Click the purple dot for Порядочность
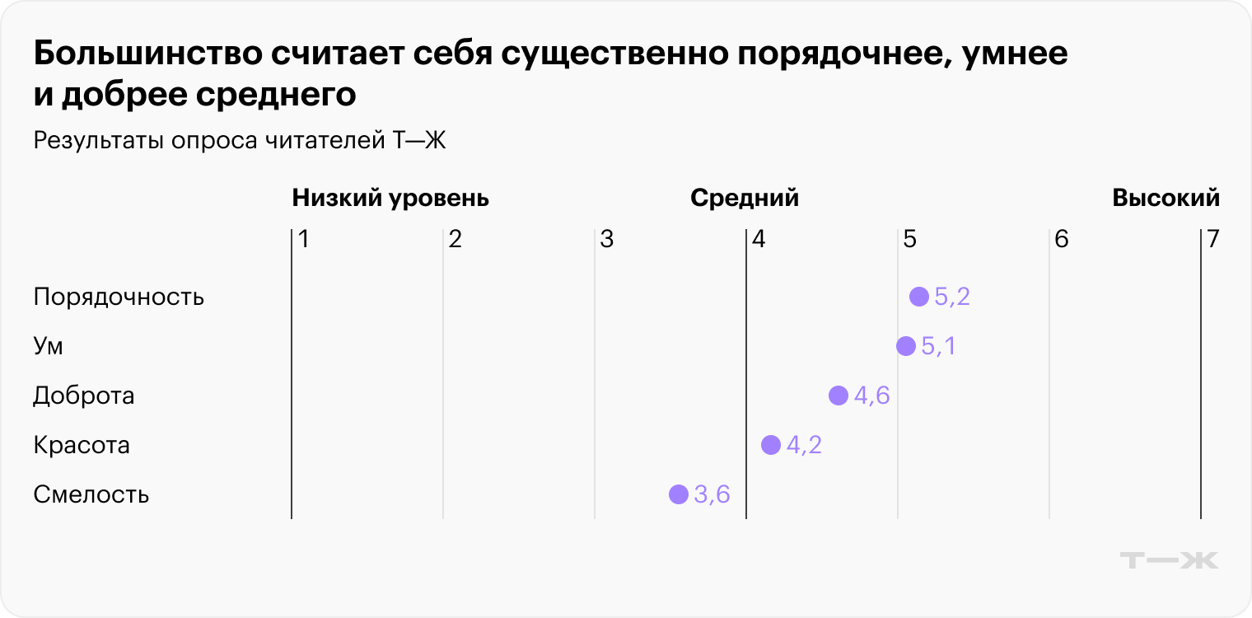click(x=918, y=297)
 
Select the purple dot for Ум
click(x=905, y=346)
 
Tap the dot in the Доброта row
click(x=838, y=396)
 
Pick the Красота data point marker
click(x=770, y=445)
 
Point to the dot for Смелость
click(x=678, y=494)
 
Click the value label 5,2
click(x=952, y=297)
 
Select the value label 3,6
click(x=712, y=494)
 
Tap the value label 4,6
click(x=871, y=396)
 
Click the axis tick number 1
click(x=303, y=240)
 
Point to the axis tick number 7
click(x=1212, y=240)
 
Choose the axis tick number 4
click(x=759, y=240)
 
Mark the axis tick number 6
click(x=1061, y=240)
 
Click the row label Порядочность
click(x=119, y=297)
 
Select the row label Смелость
click(x=91, y=494)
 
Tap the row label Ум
click(x=49, y=346)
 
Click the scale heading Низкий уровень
click(x=390, y=199)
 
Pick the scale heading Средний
click(x=745, y=199)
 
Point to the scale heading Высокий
click(x=1166, y=199)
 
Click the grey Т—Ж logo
click(x=1169, y=560)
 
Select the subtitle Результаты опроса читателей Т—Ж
click(x=240, y=141)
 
